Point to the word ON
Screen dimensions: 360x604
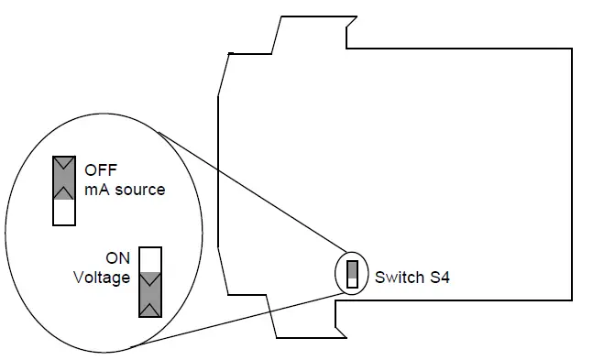[116, 258]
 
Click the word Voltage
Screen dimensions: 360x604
[101, 277]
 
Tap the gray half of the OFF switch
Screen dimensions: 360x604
[64, 178]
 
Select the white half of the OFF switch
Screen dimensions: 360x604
[64, 212]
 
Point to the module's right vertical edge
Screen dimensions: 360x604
[573, 174]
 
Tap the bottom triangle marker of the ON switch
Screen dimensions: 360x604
[149, 310]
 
